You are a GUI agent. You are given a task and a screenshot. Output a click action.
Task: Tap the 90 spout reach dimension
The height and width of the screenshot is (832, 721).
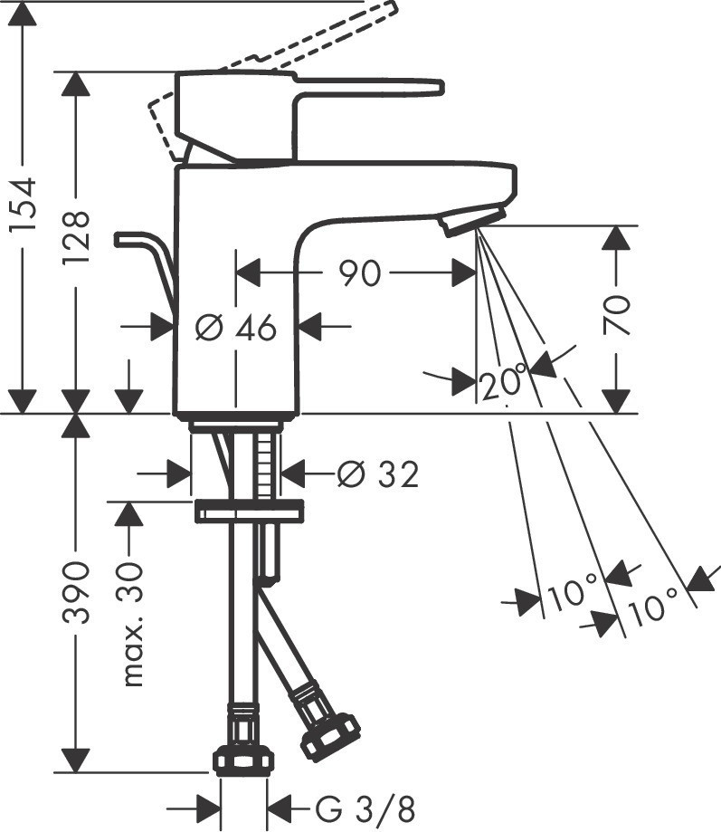(360, 273)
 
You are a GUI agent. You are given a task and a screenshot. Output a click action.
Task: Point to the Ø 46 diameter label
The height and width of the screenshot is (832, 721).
(236, 328)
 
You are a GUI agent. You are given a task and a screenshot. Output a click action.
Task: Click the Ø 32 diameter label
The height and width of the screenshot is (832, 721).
(377, 473)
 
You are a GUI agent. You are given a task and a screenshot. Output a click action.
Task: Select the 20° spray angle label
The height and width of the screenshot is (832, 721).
(503, 383)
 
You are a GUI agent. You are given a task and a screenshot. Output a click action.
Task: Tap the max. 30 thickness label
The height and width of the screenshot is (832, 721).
(132, 623)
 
